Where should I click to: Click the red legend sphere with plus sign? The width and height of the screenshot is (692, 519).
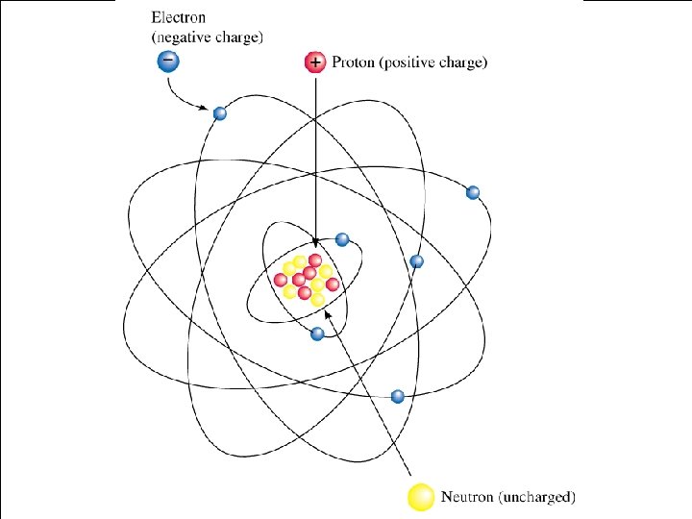(315, 62)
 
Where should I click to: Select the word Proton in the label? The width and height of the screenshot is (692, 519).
(355, 63)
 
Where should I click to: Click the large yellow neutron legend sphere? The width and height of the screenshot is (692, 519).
(421, 497)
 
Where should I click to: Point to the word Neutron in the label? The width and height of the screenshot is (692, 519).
(468, 498)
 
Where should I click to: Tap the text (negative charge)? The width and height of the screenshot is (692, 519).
(208, 37)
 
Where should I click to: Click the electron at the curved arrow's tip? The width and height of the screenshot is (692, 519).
(220, 113)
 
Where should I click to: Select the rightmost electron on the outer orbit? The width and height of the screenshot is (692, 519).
(473, 192)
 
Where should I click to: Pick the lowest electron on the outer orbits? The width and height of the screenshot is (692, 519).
(398, 395)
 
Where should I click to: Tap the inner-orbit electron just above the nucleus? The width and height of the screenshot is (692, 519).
(342, 239)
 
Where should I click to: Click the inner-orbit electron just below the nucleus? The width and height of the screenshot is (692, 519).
(318, 334)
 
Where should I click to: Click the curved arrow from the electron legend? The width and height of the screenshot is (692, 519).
(183, 96)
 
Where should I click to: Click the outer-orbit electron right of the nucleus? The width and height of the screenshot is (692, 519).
(416, 261)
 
